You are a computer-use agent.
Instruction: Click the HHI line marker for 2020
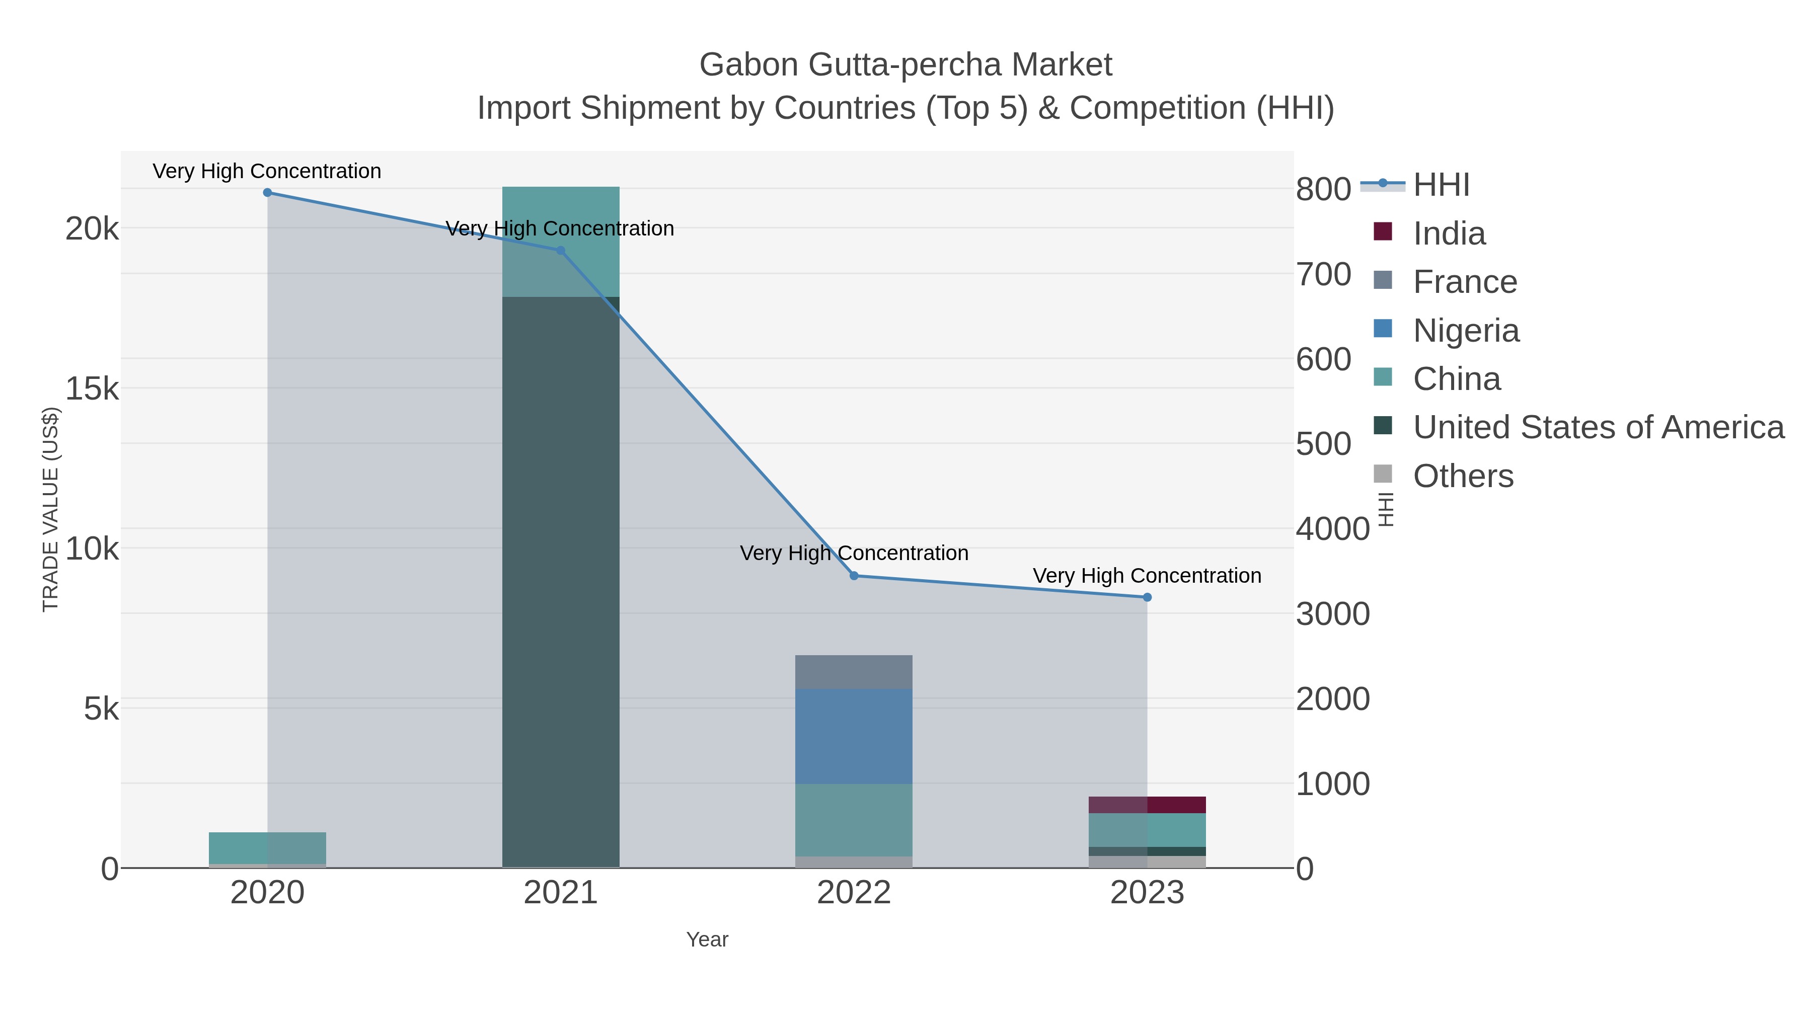pyautogui.click(x=267, y=193)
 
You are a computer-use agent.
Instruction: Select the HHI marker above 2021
pyautogui.click(x=561, y=251)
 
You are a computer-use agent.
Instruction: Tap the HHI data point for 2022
pyautogui.click(x=854, y=576)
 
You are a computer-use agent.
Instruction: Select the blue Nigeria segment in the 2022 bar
pyautogui.click(x=854, y=736)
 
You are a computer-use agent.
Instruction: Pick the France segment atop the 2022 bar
pyautogui.click(x=854, y=672)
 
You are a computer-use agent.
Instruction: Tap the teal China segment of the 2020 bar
pyautogui.click(x=267, y=847)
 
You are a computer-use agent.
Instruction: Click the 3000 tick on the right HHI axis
pyautogui.click(x=1332, y=614)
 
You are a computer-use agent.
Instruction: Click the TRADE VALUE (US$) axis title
pyautogui.click(x=51, y=509)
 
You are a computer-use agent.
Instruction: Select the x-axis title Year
pyautogui.click(x=707, y=939)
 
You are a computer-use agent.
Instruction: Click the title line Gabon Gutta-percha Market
pyautogui.click(x=905, y=65)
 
